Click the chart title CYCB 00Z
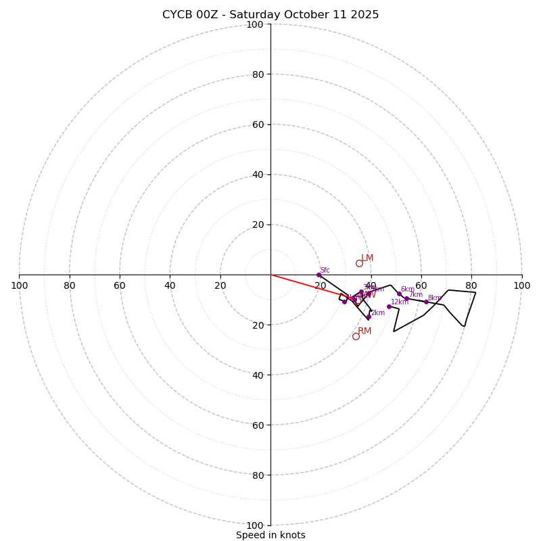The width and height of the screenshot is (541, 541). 270,15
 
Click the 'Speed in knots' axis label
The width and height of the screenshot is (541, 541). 270,535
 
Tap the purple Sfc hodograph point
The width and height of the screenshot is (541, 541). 319,275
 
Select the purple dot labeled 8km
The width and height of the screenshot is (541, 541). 426,302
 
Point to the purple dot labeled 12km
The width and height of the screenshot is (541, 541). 389,306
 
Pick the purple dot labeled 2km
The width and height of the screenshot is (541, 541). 369,317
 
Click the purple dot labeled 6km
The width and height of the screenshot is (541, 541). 399,294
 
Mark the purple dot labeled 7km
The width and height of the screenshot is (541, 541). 406,298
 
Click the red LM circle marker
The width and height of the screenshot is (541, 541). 359,263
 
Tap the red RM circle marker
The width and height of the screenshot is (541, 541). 356,336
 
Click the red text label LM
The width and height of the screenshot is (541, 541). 367,258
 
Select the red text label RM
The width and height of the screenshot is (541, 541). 364,331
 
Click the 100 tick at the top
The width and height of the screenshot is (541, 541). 255,24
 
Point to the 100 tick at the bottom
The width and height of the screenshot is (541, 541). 255,525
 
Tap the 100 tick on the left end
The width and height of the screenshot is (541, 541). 19,285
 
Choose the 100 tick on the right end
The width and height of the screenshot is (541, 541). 522,285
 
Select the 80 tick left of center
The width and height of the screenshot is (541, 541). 70,285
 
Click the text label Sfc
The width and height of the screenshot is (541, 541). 325,270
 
